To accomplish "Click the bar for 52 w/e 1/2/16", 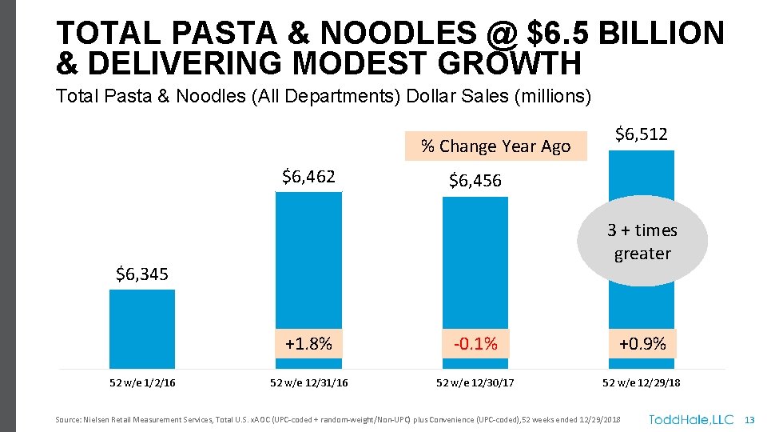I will point(142,328).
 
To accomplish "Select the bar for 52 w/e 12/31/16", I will point(308,264).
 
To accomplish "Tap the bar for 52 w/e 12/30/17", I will point(475,264).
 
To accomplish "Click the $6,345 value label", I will point(142,275).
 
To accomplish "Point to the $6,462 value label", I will point(308,176).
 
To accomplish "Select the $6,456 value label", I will point(475,181).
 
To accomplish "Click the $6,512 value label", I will point(642,134).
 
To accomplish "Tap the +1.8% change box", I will point(308,344).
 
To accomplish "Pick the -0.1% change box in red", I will point(475,344).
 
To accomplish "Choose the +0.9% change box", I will point(642,344).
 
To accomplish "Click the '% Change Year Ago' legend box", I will point(495,146).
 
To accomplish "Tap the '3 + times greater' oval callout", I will point(642,242).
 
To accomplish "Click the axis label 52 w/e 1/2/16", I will point(142,383).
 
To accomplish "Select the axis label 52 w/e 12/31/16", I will point(308,383).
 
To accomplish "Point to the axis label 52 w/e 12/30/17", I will point(475,383).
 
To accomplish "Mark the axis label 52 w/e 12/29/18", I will point(642,383).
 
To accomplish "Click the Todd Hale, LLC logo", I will point(690,419).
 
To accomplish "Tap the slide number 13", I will point(749,420).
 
